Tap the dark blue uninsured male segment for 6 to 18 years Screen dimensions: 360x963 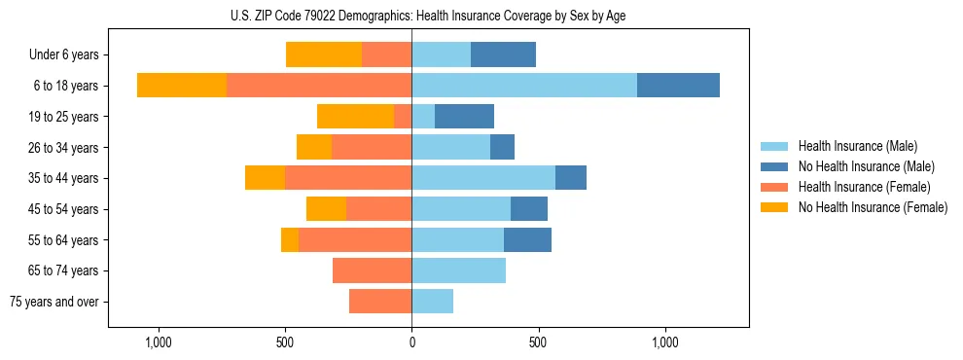point(678,86)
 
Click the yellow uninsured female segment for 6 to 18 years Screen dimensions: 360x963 point(182,86)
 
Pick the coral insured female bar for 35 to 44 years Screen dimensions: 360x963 point(348,178)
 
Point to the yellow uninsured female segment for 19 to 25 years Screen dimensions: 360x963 point(355,117)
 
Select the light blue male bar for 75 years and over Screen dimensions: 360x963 point(432,302)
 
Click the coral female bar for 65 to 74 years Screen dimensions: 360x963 point(372,270)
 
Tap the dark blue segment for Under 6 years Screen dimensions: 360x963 point(503,54)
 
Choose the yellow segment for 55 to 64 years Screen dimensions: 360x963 point(290,239)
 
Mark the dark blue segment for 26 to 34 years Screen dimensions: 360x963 point(502,147)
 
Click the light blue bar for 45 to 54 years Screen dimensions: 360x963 point(461,209)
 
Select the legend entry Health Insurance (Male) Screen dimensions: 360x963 point(857,146)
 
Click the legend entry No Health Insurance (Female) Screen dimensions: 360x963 point(872,207)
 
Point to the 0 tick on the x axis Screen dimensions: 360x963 point(411,342)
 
